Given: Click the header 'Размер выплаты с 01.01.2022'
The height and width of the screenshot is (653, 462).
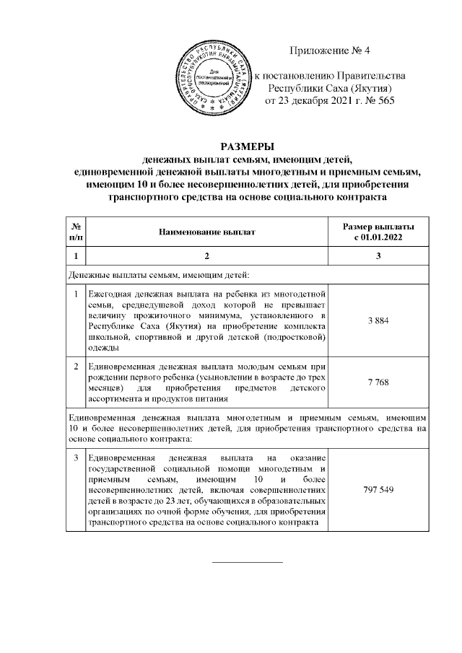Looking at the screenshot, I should point(378,232).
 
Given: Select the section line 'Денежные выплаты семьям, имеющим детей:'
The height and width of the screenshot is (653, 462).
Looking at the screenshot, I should point(160,275).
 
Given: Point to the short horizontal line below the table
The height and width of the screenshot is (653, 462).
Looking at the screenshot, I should point(247,561).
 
